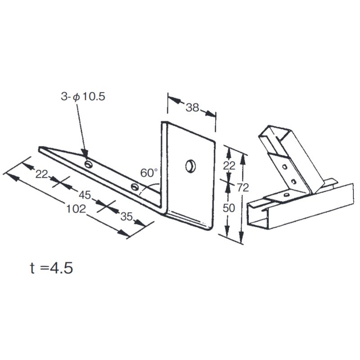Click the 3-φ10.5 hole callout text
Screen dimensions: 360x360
coord(83,96)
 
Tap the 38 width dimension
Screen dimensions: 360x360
coord(193,108)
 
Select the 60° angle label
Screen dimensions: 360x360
coord(149,173)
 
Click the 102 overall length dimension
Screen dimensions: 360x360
coord(76,209)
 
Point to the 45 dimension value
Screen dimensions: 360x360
coord(85,195)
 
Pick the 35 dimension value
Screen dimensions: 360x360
coord(126,216)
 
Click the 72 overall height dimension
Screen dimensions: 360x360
coord(243,188)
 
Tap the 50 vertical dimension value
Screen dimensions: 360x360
coord(229,208)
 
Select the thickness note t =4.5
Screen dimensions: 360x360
coord(51,268)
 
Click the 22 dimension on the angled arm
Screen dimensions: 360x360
coord(41,174)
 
